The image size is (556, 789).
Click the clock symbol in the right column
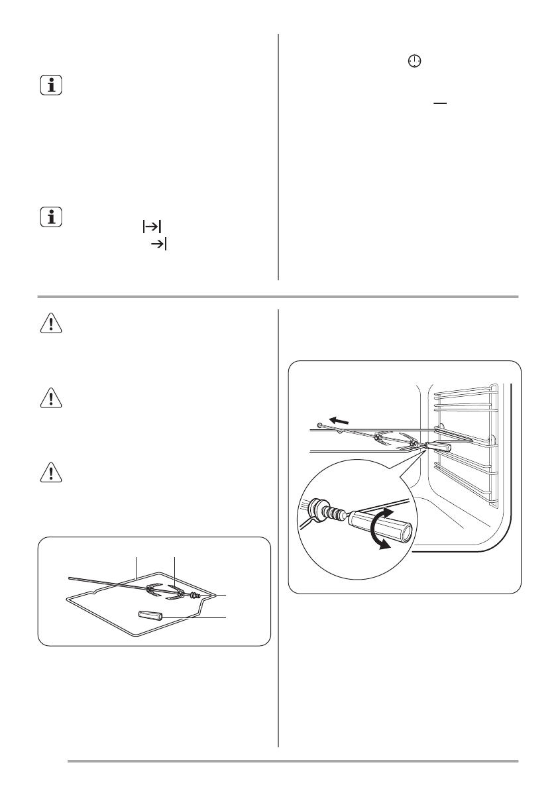pos(414,62)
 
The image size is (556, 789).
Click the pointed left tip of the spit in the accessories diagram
pos(70,578)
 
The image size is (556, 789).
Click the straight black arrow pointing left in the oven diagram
pos(341,421)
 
